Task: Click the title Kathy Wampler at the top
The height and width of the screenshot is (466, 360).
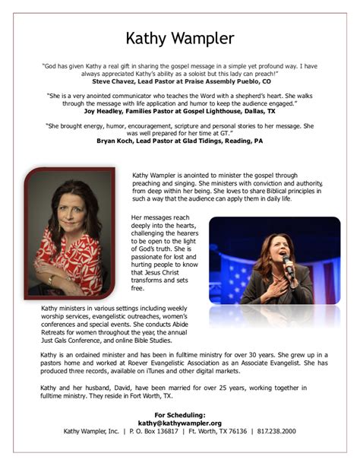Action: (179, 38)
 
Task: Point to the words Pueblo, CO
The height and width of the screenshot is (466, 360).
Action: (253, 81)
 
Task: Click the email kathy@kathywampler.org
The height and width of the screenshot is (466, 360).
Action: (179, 423)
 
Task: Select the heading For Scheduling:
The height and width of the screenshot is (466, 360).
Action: (179, 414)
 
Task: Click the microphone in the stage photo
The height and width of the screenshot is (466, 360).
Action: (287, 263)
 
